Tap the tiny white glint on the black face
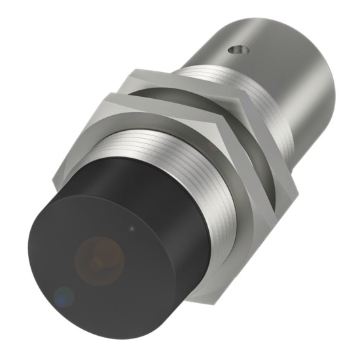click(134, 228)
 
